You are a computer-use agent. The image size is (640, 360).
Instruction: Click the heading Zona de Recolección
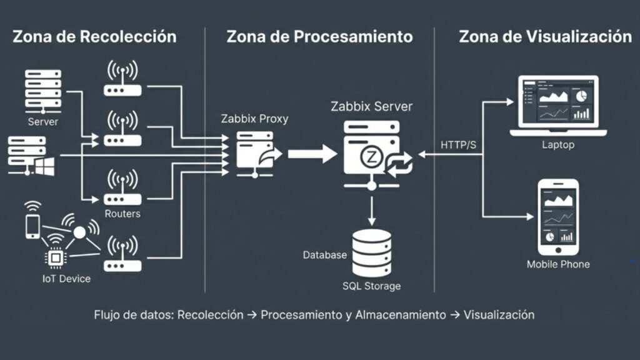(94, 36)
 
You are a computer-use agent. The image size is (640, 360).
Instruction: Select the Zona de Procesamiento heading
(319, 36)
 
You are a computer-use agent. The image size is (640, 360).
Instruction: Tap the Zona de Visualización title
(545, 36)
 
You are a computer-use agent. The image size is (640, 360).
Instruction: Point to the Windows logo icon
(44, 165)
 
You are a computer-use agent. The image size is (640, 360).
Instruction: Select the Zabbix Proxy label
(255, 119)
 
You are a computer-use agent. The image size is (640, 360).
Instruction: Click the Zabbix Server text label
(371, 106)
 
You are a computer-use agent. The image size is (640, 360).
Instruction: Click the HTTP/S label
(458, 146)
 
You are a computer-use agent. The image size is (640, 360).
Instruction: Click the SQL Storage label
(371, 286)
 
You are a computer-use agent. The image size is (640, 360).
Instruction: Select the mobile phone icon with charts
(558, 216)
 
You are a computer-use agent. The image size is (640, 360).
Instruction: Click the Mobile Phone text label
(558, 264)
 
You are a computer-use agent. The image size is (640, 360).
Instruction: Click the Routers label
(122, 214)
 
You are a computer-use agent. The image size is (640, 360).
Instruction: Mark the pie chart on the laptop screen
(581, 96)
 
